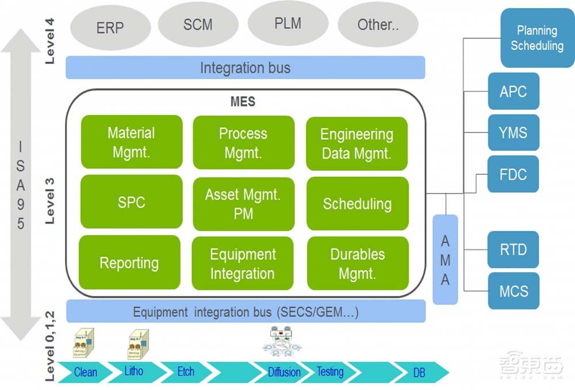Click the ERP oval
coord(110,28)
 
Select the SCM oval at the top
coord(198,25)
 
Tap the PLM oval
coord(287,23)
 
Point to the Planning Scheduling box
coord(536,38)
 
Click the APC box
coord(513,91)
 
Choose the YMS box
coord(513,133)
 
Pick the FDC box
coord(513,174)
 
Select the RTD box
coord(513,250)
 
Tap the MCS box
coord(513,290)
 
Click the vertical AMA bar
coord(445,259)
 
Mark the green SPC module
coord(131,202)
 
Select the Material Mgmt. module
coord(131,142)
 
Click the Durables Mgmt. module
coord(358,263)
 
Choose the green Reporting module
coord(129,263)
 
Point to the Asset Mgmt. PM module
coord(243,203)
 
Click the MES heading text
coord(243,102)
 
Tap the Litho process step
coord(134,371)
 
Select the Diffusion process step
coord(284,372)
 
